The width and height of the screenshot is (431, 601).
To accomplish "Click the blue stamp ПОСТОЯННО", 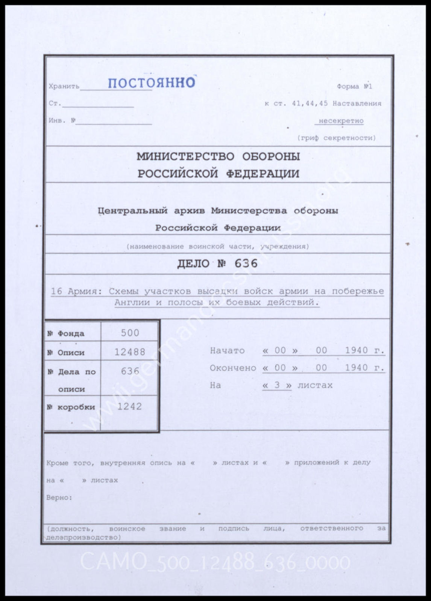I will point(151,83).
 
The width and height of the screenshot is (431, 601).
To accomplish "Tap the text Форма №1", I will point(354,86).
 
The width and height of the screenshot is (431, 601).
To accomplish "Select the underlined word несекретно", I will point(341,121).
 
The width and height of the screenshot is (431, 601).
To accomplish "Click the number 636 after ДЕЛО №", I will point(246,263).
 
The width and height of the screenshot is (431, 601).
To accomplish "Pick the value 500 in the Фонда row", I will point(130,333).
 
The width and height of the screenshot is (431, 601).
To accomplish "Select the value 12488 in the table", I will point(130,352).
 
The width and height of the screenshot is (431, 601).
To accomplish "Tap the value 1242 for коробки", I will point(129,407).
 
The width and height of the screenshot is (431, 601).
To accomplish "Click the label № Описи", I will point(66,353).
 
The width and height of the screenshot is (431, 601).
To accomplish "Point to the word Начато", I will point(227,351).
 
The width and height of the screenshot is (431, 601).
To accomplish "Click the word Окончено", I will point(233,368).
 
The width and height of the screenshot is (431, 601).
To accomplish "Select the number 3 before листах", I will point(277,385).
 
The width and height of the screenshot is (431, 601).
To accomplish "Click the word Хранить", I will point(64,86).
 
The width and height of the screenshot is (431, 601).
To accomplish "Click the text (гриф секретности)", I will point(336,138).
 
